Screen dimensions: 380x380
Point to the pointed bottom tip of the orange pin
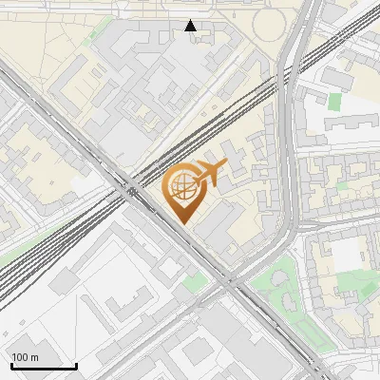pyautogui.click(x=182, y=223)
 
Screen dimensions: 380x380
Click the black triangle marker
pyautogui.click(x=191, y=26)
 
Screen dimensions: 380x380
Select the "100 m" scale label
pyautogui.click(x=25, y=357)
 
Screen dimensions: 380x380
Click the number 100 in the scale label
pyautogui.click(x=20, y=357)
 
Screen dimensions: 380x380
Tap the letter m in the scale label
pyautogui.click(x=34, y=357)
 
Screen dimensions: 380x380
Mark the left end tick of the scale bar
pyautogui.click(x=11, y=366)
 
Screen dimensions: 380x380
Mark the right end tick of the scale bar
pyautogui.click(x=76, y=366)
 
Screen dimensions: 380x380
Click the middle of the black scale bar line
pyautogui.click(x=44, y=367)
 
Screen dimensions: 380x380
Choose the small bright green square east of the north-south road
pyautogui.click(x=334, y=100)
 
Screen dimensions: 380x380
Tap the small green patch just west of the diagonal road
pyautogui.click(x=195, y=282)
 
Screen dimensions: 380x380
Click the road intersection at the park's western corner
pyautogui.click(x=229, y=282)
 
